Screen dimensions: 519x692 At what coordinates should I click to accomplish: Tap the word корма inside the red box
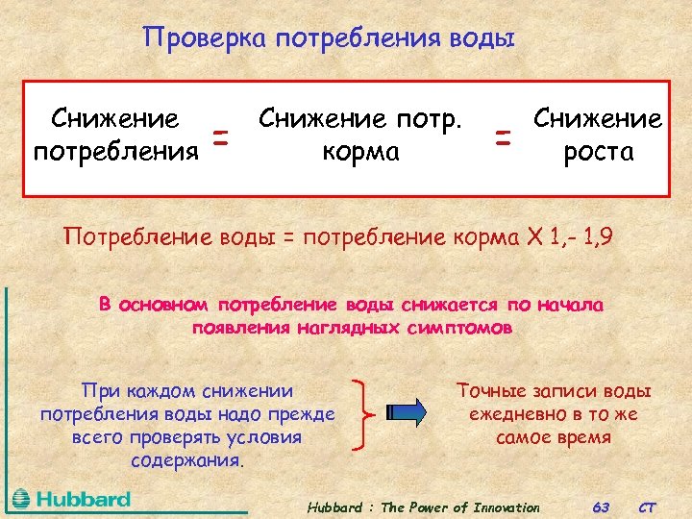pos(360,152)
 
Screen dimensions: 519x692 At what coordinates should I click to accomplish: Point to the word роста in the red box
pos(598,152)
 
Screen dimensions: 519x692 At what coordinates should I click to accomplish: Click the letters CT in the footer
pos(649,507)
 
